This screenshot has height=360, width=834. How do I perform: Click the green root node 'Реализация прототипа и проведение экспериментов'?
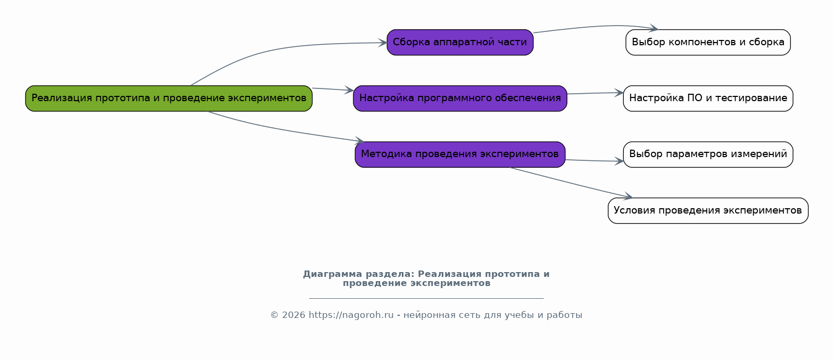[169, 99]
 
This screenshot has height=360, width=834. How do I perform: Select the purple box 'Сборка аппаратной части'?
[460, 43]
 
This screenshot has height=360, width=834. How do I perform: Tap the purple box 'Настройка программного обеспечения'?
[460, 99]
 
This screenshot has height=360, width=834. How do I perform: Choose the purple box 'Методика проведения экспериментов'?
[460, 154]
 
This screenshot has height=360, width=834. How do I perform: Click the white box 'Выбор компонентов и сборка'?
[708, 43]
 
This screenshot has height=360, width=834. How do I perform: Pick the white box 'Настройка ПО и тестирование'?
[708, 99]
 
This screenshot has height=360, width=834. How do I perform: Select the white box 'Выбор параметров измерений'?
[708, 154]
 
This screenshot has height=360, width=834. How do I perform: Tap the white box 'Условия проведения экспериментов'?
[708, 210]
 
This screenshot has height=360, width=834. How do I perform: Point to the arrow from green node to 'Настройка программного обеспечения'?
[333, 89]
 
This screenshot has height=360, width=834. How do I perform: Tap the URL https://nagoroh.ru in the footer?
[351, 315]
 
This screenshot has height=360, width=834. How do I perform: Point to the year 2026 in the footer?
[294, 315]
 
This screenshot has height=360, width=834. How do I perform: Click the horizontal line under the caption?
[426, 298]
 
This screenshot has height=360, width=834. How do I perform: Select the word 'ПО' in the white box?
[694, 99]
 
